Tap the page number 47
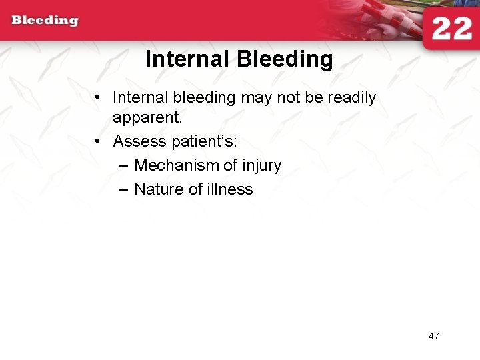point(433,336)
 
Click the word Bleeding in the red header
point(45,21)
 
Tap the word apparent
point(147,119)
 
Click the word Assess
point(137,141)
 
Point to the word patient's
point(201,141)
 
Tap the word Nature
point(159,189)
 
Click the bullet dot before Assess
point(98,141)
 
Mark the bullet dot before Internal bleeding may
point(98,98)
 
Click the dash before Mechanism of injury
point(122,165)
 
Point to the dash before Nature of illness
point(122,189)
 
